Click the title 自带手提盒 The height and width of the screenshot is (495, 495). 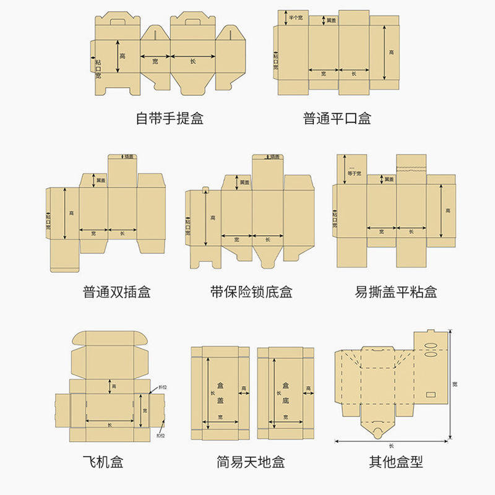tap(170, 118)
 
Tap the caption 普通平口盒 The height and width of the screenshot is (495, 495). tap(337, 118)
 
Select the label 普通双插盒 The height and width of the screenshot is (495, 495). tap(116, 291)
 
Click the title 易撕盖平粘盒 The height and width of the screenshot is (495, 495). tap(396, 291)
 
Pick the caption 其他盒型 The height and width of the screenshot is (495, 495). tap(396, 462)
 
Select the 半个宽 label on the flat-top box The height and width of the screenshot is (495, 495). tap(296, 18)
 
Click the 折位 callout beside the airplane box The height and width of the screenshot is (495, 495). tap(163, 386)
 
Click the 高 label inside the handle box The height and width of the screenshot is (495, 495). tap(123, 56)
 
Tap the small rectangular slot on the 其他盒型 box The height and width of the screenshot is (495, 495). tap(431, 393)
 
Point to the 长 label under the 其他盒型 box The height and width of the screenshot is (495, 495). tap(392, 445)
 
